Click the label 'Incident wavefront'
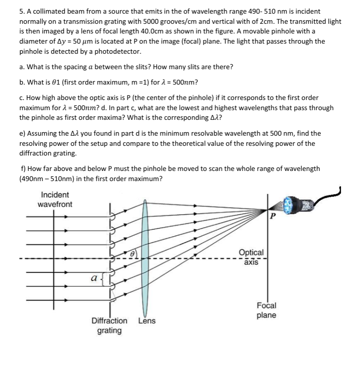point(55,200)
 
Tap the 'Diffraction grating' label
point(109,326)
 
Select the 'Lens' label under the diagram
point(147,321)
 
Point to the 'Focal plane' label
point(267,310)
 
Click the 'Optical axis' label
point(251,257)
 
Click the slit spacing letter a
point(93,278)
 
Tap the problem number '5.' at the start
point(23,11)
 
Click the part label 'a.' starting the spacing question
point(22,67)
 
